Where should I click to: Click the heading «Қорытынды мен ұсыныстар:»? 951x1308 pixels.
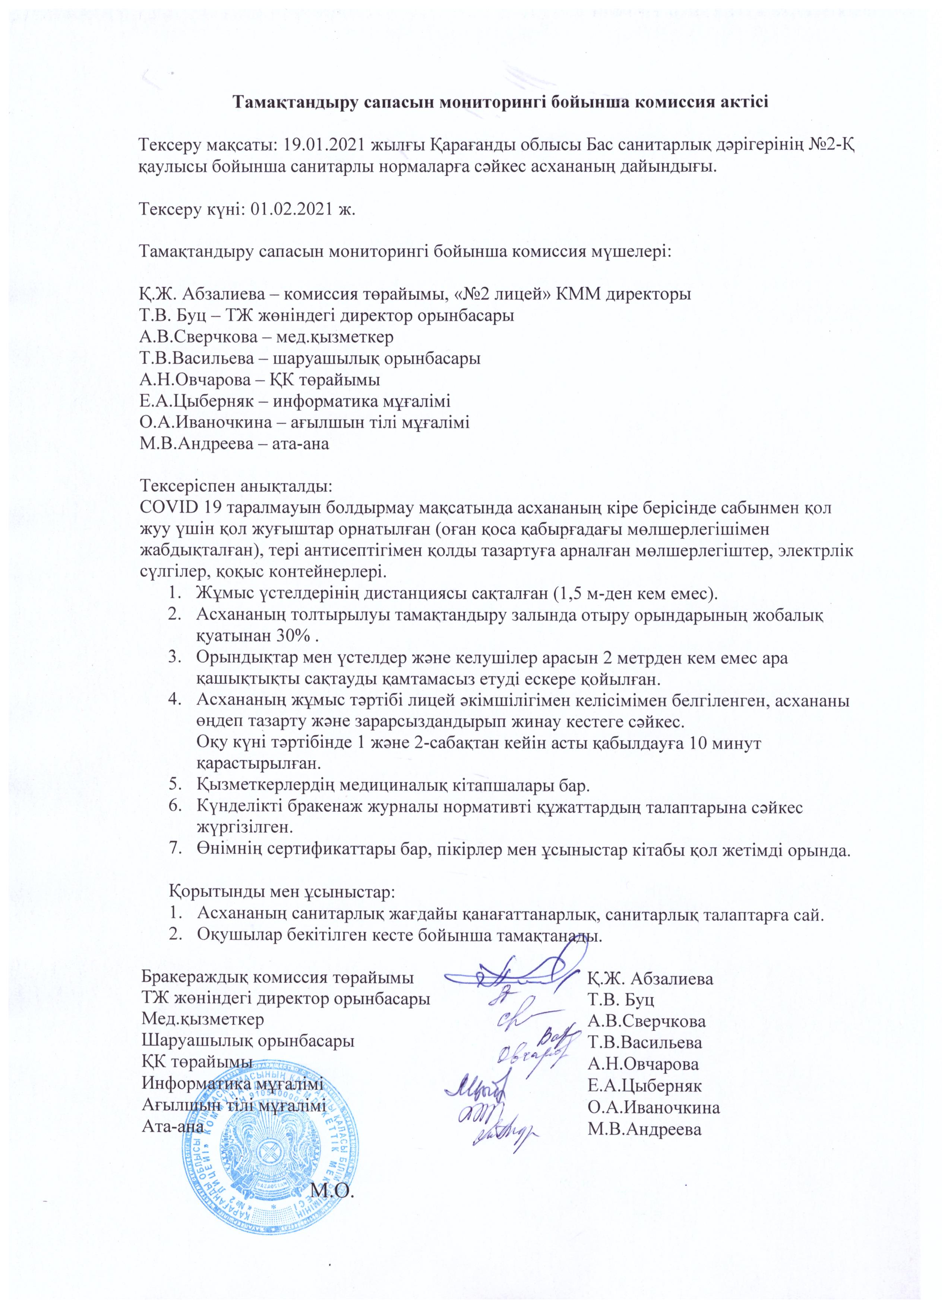tap(282, 891)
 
